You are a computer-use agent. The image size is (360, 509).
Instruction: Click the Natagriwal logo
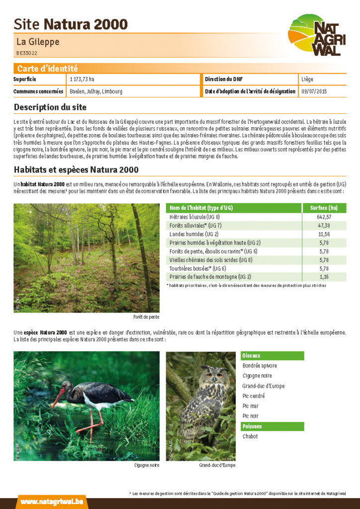pos(316,35)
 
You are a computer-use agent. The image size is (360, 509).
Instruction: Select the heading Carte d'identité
pos(47,69)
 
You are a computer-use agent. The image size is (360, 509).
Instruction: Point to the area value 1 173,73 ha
pos(82,80)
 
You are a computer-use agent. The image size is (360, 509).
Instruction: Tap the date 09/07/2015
pos(314,91)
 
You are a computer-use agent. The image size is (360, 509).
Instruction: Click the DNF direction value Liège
pos(307,80)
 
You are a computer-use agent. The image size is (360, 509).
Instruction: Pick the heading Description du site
pos(50,107)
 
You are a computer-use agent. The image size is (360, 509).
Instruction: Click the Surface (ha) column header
pos(324,208)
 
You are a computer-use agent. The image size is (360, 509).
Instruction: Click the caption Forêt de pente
pos(146,317)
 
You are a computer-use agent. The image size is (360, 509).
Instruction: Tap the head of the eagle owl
pos(214,373)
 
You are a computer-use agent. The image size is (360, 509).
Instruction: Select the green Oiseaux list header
pos(272,356)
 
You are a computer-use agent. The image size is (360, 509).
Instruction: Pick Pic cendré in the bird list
pos(254,396)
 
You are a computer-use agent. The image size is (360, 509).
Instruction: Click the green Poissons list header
pos(272,426)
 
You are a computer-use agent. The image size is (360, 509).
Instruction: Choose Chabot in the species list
pos(250,436)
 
